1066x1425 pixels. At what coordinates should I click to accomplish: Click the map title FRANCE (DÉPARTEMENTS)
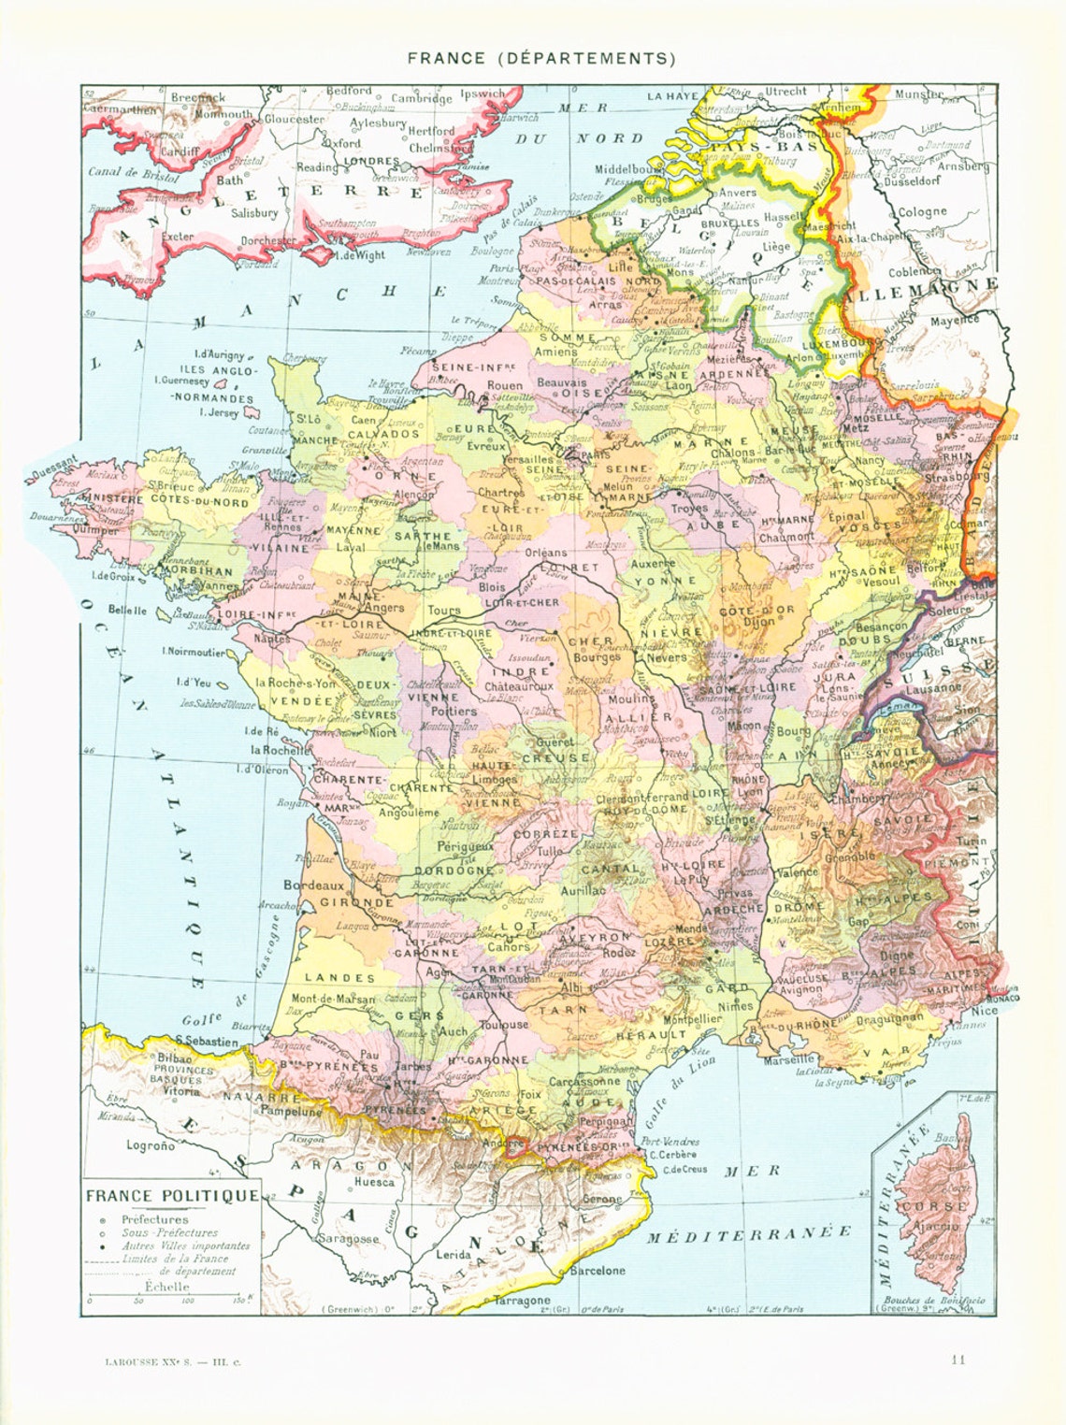point(540,58)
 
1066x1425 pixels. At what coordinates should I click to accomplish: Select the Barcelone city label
point(598,1271)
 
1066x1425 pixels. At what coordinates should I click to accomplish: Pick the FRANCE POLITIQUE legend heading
point(172,1196)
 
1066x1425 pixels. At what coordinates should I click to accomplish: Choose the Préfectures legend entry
point(154,1219)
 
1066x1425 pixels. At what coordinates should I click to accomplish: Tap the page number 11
point(958,1360)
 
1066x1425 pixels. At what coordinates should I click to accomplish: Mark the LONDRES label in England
point(372,161)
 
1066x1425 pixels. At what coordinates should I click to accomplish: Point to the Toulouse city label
point(504,1025)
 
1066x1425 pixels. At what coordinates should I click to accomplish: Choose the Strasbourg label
point(955,476)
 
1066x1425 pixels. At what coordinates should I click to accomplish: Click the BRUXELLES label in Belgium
point(729,224)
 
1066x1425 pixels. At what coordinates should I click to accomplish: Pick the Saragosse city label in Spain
point(348,1239)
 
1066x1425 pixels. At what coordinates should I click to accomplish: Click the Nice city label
point(983,1011)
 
